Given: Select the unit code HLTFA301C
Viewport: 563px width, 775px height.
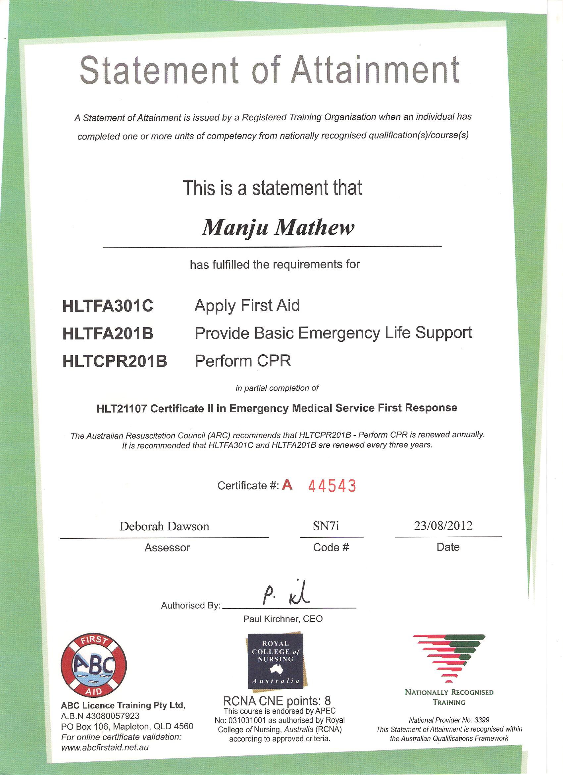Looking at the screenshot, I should (108, 306).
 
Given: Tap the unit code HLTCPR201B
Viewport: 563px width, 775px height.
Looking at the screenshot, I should (115, 362).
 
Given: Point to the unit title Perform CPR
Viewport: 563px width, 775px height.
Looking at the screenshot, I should (243, 361).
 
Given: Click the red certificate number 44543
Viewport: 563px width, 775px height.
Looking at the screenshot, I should (332, 486).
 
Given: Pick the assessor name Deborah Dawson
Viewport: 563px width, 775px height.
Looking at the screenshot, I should (164, 526).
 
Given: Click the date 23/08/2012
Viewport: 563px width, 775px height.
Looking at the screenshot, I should (443, 525).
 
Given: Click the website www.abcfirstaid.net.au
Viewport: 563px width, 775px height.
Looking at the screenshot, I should (105, 747).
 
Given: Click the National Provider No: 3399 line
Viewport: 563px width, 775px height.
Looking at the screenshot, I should (449, 720).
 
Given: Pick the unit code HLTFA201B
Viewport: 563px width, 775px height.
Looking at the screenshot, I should (108, 334).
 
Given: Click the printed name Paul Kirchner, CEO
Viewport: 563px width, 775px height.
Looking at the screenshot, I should (283, 619).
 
